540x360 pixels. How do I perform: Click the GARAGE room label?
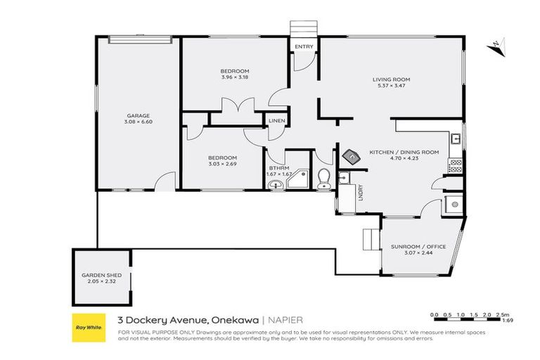tap(138, 116)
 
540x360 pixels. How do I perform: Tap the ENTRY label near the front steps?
tap(304, 47)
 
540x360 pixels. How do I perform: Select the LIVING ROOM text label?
tap(391, 79)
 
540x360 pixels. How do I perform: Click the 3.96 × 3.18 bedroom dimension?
tap(234, 77)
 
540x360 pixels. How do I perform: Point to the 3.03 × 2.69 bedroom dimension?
tap(222, 164)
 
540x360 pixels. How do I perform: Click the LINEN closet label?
tap(276, 121)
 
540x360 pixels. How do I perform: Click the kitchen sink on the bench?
tap(456, 139)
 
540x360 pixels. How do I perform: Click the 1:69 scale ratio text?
tap(507, 321)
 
